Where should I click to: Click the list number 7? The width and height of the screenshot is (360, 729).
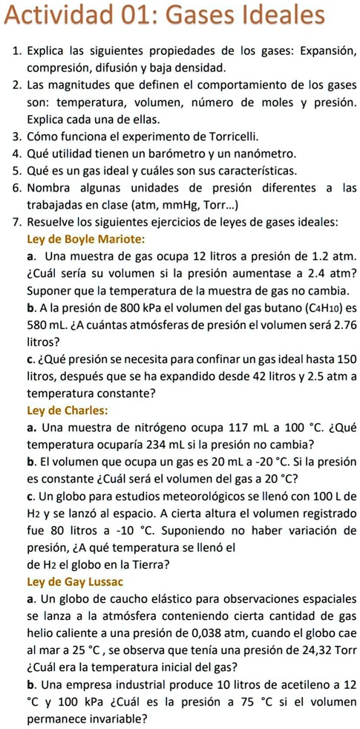(x=16, y=222)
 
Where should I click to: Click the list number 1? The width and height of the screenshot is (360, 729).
(x=16, y=51)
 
